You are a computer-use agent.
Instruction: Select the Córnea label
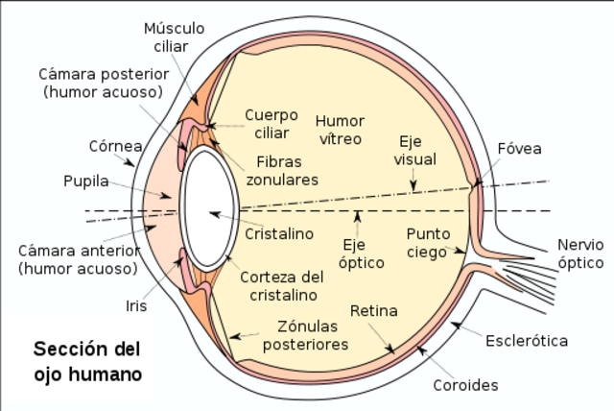(115, 146)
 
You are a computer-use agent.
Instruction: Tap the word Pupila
(85, 181)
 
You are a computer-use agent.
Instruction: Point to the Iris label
(137, 306)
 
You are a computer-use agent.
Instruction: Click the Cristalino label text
(279, 233)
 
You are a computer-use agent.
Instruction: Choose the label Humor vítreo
(339, 129)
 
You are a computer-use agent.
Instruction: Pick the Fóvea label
(519, 149)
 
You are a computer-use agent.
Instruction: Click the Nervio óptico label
(581, 254)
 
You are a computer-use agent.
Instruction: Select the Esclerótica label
(527, 340)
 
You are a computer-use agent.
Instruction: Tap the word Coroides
(465, 385)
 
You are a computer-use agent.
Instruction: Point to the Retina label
(373, 311)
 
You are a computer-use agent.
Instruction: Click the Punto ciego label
(427, 243)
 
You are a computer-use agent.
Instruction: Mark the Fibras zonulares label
(282, 171)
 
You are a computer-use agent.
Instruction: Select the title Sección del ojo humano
(87, 360)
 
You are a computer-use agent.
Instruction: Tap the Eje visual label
(414, 150)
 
